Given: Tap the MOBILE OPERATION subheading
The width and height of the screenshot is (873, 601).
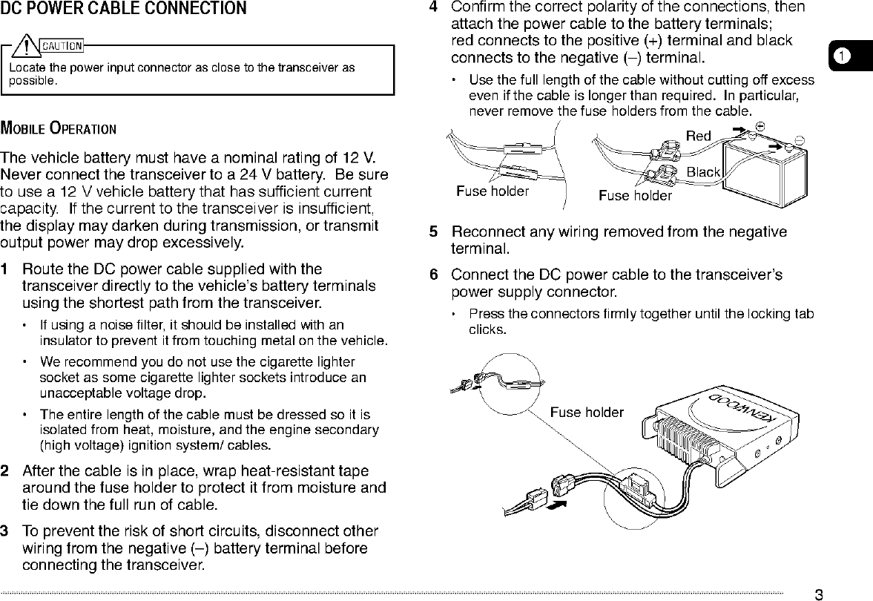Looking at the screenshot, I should (x=58, y=128).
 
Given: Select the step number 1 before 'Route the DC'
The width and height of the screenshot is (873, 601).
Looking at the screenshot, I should (x=6, y=269).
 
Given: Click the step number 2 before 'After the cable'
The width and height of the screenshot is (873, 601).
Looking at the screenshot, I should (x=6, y=471).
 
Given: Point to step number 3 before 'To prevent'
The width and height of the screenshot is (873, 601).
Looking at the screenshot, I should (x=6, y=532).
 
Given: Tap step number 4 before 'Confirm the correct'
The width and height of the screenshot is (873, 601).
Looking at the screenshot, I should (x=434, y=7).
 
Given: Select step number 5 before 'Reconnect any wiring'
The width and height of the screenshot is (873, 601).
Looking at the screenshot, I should (x=434, y=231).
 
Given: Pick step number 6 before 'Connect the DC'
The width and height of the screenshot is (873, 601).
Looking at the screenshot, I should (x=434, y=275).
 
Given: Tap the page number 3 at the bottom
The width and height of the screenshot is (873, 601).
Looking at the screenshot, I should (x=819, y=594).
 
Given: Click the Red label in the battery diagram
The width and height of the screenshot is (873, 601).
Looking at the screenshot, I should (x=698, y=136).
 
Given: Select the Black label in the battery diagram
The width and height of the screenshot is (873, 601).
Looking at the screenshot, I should (x=703, y=172).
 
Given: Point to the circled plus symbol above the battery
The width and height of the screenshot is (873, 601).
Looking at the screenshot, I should (x=760, y=125).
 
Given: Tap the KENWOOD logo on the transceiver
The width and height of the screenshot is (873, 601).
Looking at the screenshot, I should (x=742, y=408).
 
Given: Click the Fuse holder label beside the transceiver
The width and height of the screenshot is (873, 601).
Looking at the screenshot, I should (x=587, y=413).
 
